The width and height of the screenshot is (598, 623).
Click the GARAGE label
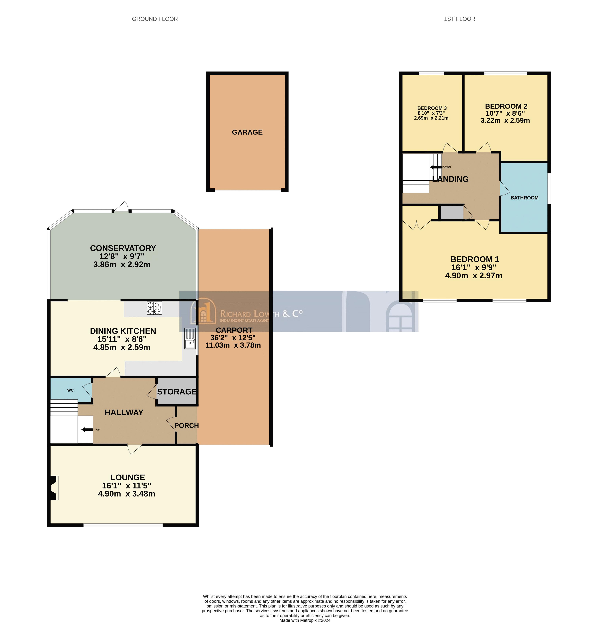click(247, 132)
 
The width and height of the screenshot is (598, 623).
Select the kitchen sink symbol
click(190, 339)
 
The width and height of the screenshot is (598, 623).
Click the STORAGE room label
click(177, 392)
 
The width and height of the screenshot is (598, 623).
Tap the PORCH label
click(186, 425)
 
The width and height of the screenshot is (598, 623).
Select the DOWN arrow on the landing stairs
click(435, 167)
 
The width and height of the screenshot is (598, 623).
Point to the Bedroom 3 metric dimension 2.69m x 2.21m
click(431, 118)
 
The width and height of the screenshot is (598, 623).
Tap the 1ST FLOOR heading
click(459, 19)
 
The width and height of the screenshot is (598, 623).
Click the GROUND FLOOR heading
click(155, 19)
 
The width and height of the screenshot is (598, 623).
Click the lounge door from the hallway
click(135, 449)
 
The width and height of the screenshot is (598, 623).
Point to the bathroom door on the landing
click(504, 189)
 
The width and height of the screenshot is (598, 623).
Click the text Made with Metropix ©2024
click(305, 620)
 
